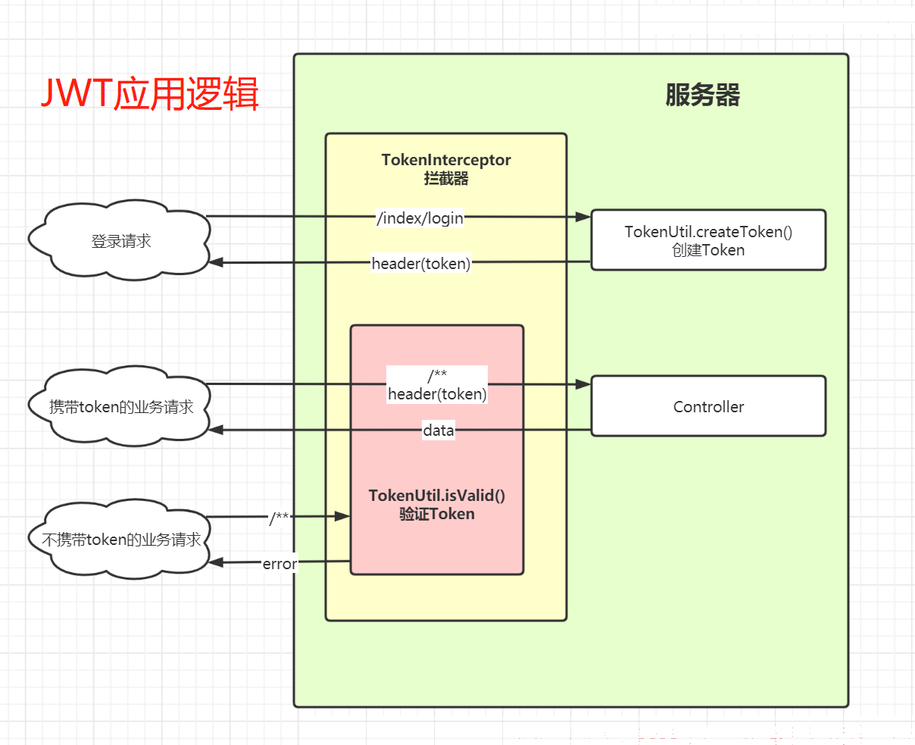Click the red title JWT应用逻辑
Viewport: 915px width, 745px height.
click(149, 93)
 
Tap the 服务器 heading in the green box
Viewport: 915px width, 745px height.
click(703, 95)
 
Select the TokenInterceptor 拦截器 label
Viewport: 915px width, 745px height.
click(446, 169)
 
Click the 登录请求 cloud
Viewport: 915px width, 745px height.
click(120, 240)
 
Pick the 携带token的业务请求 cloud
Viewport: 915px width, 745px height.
click(120, 405)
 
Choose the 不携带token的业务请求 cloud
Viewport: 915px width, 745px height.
click(120, 539)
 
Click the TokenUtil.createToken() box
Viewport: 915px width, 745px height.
click(708, 240)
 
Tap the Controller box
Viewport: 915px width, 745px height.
click(708, 406)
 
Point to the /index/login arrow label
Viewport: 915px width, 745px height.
click(420, 218)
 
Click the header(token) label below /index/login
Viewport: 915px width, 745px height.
click(421, 263)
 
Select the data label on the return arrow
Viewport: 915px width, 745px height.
click(438, 430)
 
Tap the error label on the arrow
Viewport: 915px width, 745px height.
click(279, 564)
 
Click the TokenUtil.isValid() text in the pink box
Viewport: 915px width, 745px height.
click(437, 495)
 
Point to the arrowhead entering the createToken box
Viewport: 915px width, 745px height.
click(583, 217)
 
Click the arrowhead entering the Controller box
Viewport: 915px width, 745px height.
click(583, 384)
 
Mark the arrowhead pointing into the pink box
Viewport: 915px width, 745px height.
click(342, 516)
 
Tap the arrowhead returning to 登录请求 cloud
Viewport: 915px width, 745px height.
click(216, 262)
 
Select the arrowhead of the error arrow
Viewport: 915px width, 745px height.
click(216, 562)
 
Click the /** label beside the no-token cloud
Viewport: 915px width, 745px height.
click(279, 518)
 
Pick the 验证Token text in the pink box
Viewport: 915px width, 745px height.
click(437, 514)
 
